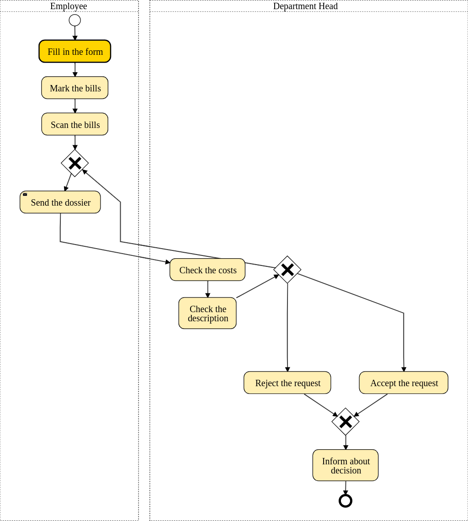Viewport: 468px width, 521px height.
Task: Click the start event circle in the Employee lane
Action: pyautogui.click(x=75, y=20)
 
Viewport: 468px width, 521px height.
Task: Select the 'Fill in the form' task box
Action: pyautogui.click(x=75, y=51)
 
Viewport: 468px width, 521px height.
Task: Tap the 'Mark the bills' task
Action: pyautogui.click(x=75, y=88)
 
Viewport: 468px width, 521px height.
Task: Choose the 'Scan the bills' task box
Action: pyautogui.click(x=75, y=124)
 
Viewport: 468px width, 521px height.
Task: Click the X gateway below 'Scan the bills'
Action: pyautogui.click(x=75, y=163)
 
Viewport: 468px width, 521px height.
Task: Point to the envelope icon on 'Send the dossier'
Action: pyautogui.click(x=25, y=194)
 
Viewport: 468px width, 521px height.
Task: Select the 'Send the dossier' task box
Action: pyautogui.click(x=60, y=202)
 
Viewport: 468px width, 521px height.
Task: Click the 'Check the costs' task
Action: pyautogui.click(x=207, y=270)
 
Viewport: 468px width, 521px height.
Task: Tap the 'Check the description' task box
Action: pyautogui.click(x=207, y=313)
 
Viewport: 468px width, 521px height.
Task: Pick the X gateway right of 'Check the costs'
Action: pyautogui.click(x=287, y=270)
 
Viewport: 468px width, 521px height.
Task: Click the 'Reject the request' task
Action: pyautogui.click(x=287, y=383)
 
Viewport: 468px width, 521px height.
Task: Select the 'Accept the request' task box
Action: pyautogui.click(x=404, y=383)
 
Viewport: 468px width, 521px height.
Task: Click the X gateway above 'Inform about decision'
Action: pyautogui.click(x=346, y=421)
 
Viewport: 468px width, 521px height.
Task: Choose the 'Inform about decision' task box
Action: pyautogui.click(x=346, y=465)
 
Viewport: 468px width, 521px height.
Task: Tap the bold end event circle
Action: pyautogui.click(x=346, y=500)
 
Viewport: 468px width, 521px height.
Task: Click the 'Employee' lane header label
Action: pyautogui.click(x=69, y=6)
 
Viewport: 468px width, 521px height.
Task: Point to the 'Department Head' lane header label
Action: pyautogui.click(x=305, y=6)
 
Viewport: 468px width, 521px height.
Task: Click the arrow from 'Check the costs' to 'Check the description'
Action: pyautogui.click(x=207, y=289)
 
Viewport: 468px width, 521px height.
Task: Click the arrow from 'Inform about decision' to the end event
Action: pyautogui.click(x=346, y=487)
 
